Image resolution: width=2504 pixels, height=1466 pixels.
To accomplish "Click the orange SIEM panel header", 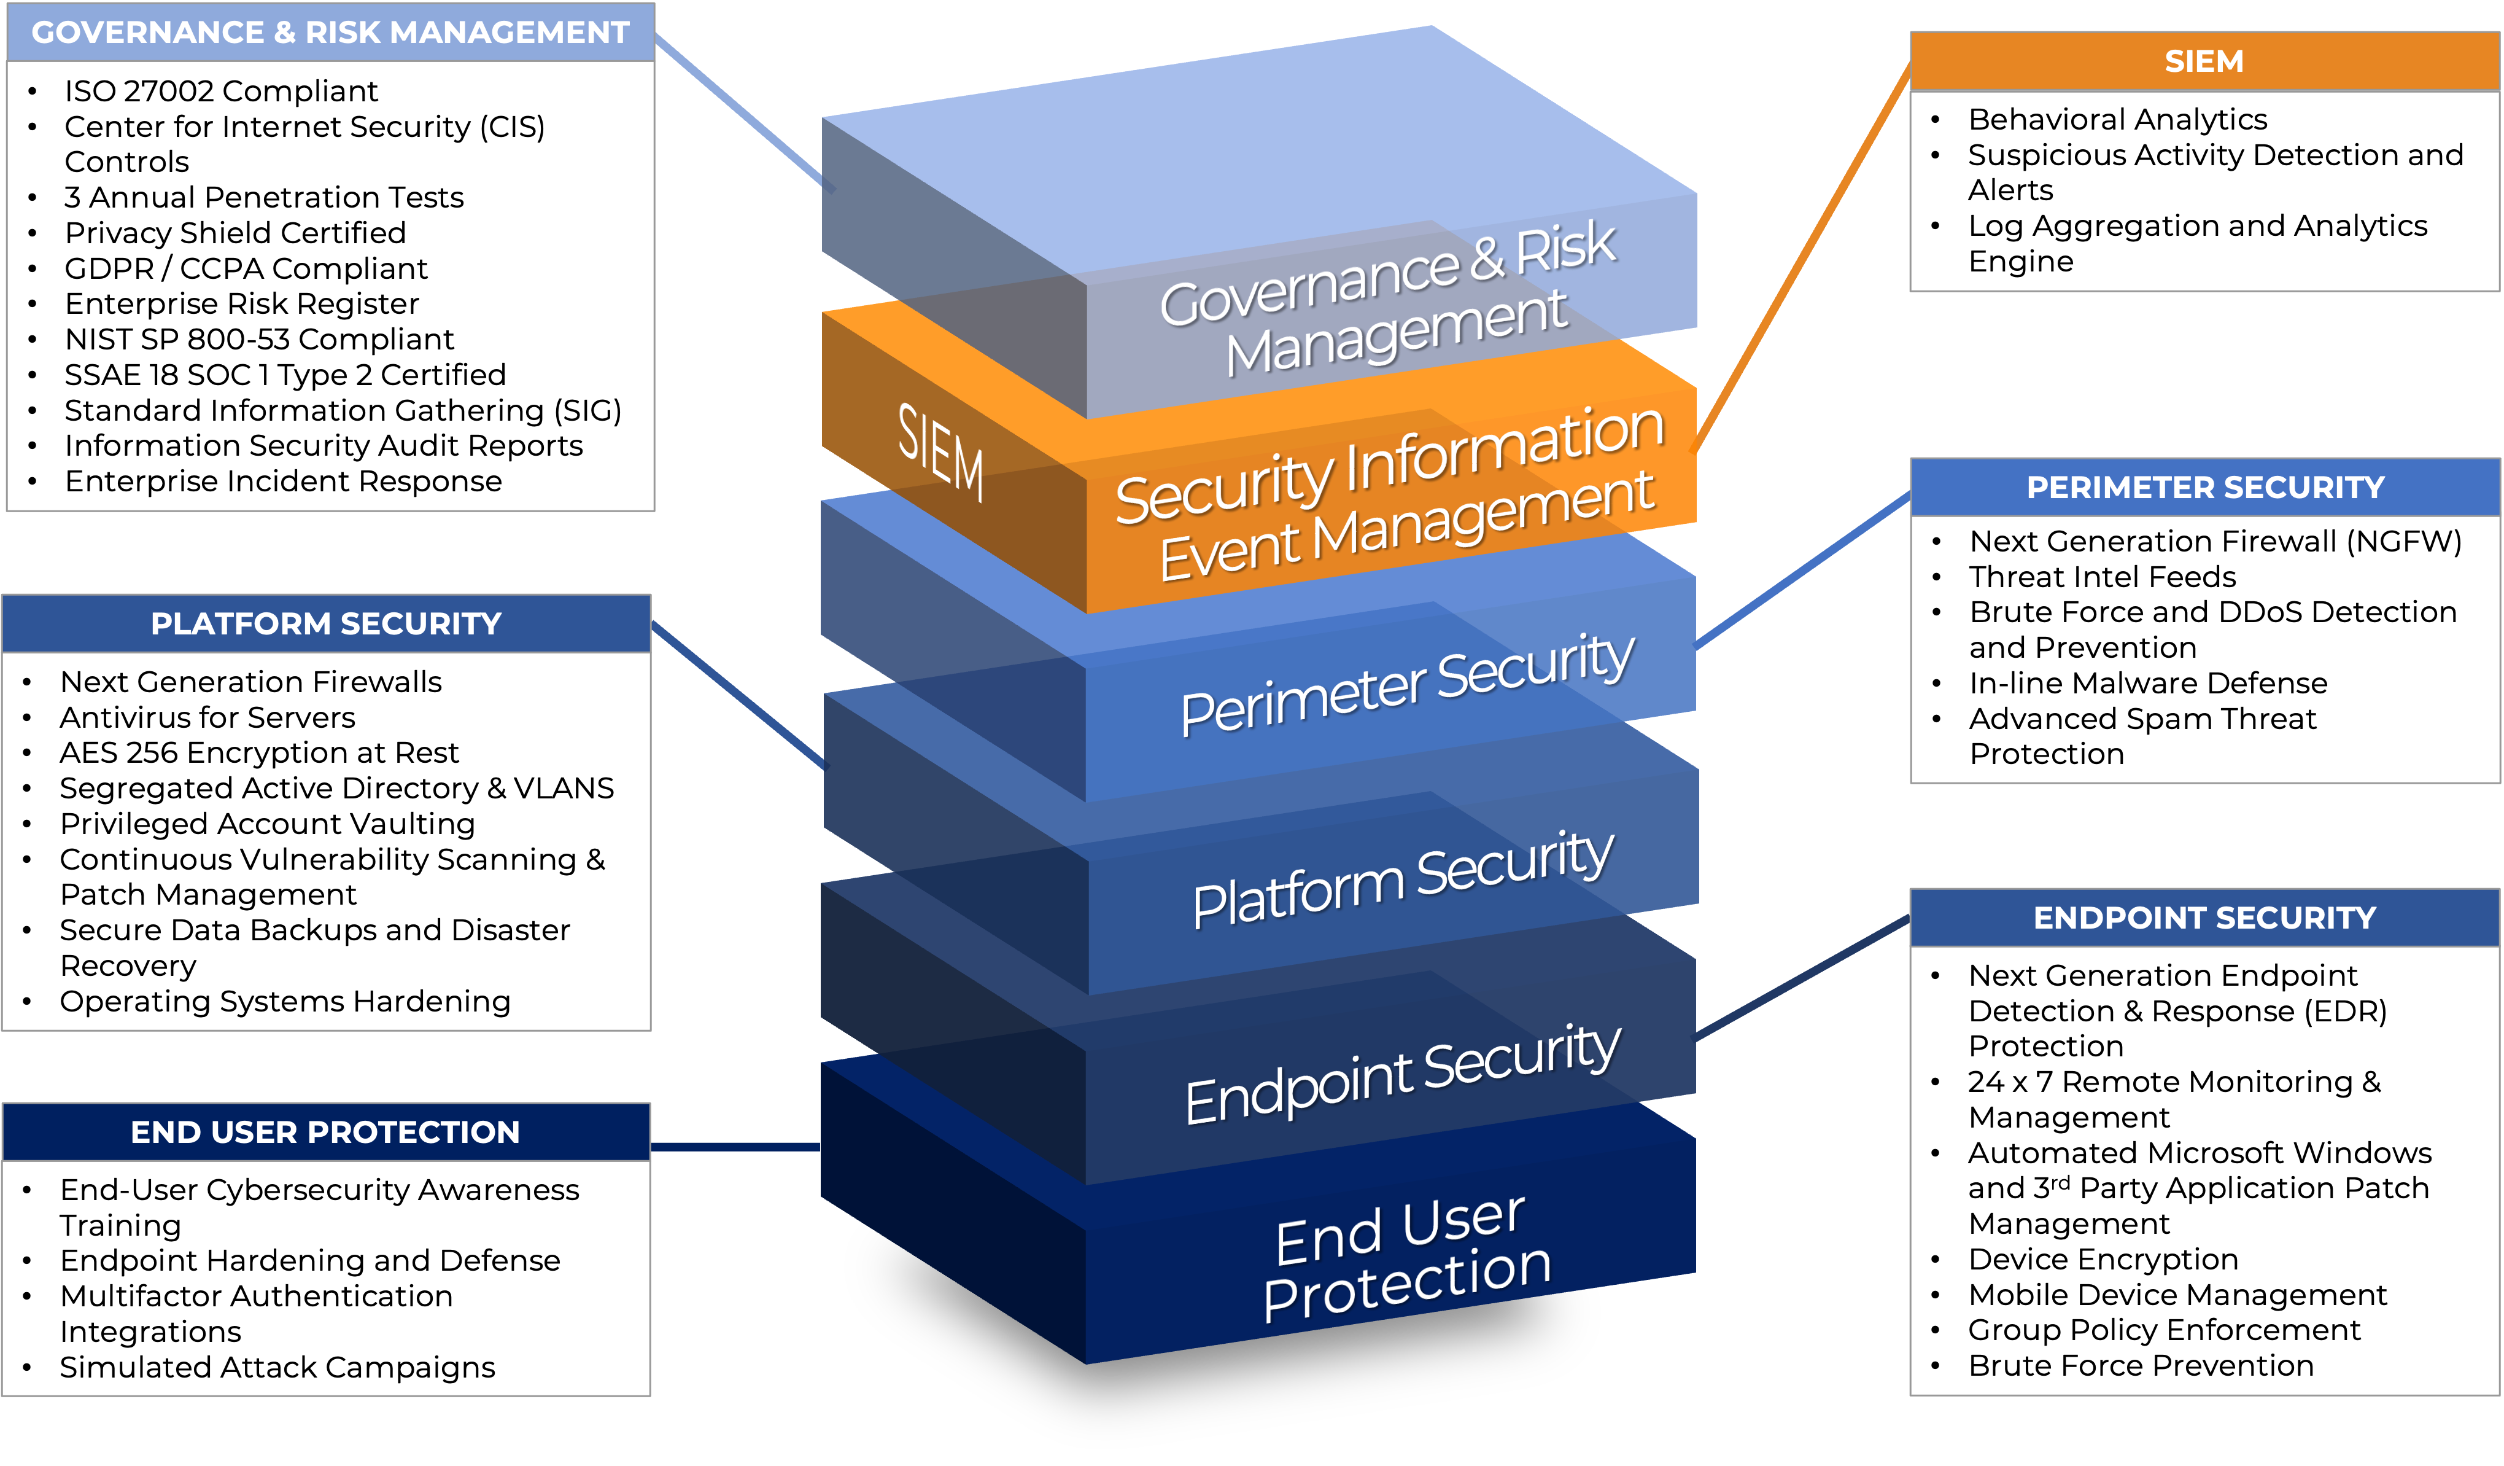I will [x=2203, y=61].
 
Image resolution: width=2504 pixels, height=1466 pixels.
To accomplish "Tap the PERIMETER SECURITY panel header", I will [x=2204, y=487].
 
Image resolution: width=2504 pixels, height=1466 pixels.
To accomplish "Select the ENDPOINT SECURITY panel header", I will [x=2204, y=918].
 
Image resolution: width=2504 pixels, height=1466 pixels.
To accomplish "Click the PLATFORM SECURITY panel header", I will [x=326, y=623].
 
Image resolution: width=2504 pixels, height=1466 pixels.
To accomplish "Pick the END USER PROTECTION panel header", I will [x=326, y=1131].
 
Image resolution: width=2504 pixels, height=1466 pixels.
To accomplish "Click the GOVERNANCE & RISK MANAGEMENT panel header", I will [x=330, y=32].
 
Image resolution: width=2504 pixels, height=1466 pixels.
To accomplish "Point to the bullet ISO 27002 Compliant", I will [x=220, y=90].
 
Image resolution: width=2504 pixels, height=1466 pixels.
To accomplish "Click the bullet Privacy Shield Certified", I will [x=235, y=233].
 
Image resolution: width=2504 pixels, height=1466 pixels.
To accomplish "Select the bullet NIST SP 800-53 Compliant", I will [x=258, y=339].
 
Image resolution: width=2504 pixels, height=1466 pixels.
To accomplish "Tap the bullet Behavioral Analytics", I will [x=2117, y=119].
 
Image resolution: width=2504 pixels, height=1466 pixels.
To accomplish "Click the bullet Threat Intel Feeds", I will [x=2101, y=577].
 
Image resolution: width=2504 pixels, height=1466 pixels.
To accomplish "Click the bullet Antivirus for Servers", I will [x=207, y=717].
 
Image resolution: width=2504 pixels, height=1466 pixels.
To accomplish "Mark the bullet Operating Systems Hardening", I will [x=284, y=1001].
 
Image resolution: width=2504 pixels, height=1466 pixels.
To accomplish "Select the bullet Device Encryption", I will [x=2103, y=1259].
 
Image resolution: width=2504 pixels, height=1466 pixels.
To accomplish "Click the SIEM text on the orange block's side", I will [x=940, y=452].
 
